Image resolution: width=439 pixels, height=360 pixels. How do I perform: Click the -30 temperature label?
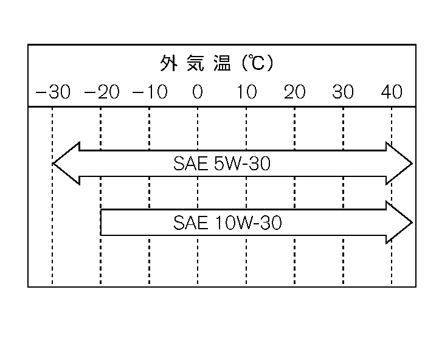[x=53, y=92]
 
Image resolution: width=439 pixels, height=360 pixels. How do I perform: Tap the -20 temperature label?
[x=102, y=92]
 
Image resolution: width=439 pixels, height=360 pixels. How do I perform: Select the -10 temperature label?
[x=150, y=92]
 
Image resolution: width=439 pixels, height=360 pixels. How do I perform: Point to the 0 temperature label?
[x=198, y=92]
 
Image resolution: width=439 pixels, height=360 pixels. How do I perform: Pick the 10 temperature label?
[x=246, y=92]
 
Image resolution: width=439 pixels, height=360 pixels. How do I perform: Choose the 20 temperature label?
[x=295, y=92]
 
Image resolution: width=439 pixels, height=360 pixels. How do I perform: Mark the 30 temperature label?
[x=344, y=92]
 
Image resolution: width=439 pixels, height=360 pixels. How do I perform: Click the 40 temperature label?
[x=392, y=92]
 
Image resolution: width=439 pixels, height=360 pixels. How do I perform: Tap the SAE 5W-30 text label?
[x=221, y=164]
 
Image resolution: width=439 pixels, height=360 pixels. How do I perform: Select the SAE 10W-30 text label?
[x=227, y=223]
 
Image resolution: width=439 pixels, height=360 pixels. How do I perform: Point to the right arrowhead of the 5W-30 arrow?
[x=399, y=164]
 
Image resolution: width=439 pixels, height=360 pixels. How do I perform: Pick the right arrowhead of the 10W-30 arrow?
[x=399, y=223]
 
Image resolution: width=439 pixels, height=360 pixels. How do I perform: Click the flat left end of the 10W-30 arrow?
[x=102, y=223]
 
